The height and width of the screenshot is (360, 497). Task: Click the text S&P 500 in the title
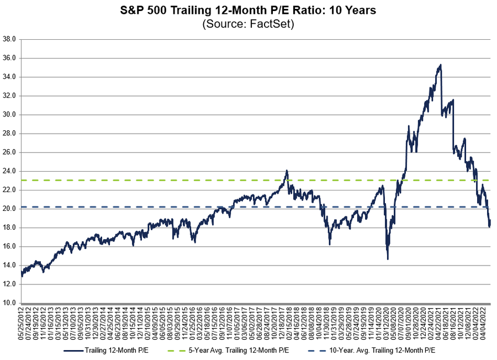point(141,10)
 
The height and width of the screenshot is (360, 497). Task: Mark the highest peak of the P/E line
point(440,65)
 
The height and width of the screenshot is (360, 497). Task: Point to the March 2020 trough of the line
point(388,258)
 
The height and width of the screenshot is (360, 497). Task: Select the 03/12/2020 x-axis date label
point(387,324)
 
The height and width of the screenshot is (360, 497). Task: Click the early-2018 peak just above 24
point(287,171)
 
